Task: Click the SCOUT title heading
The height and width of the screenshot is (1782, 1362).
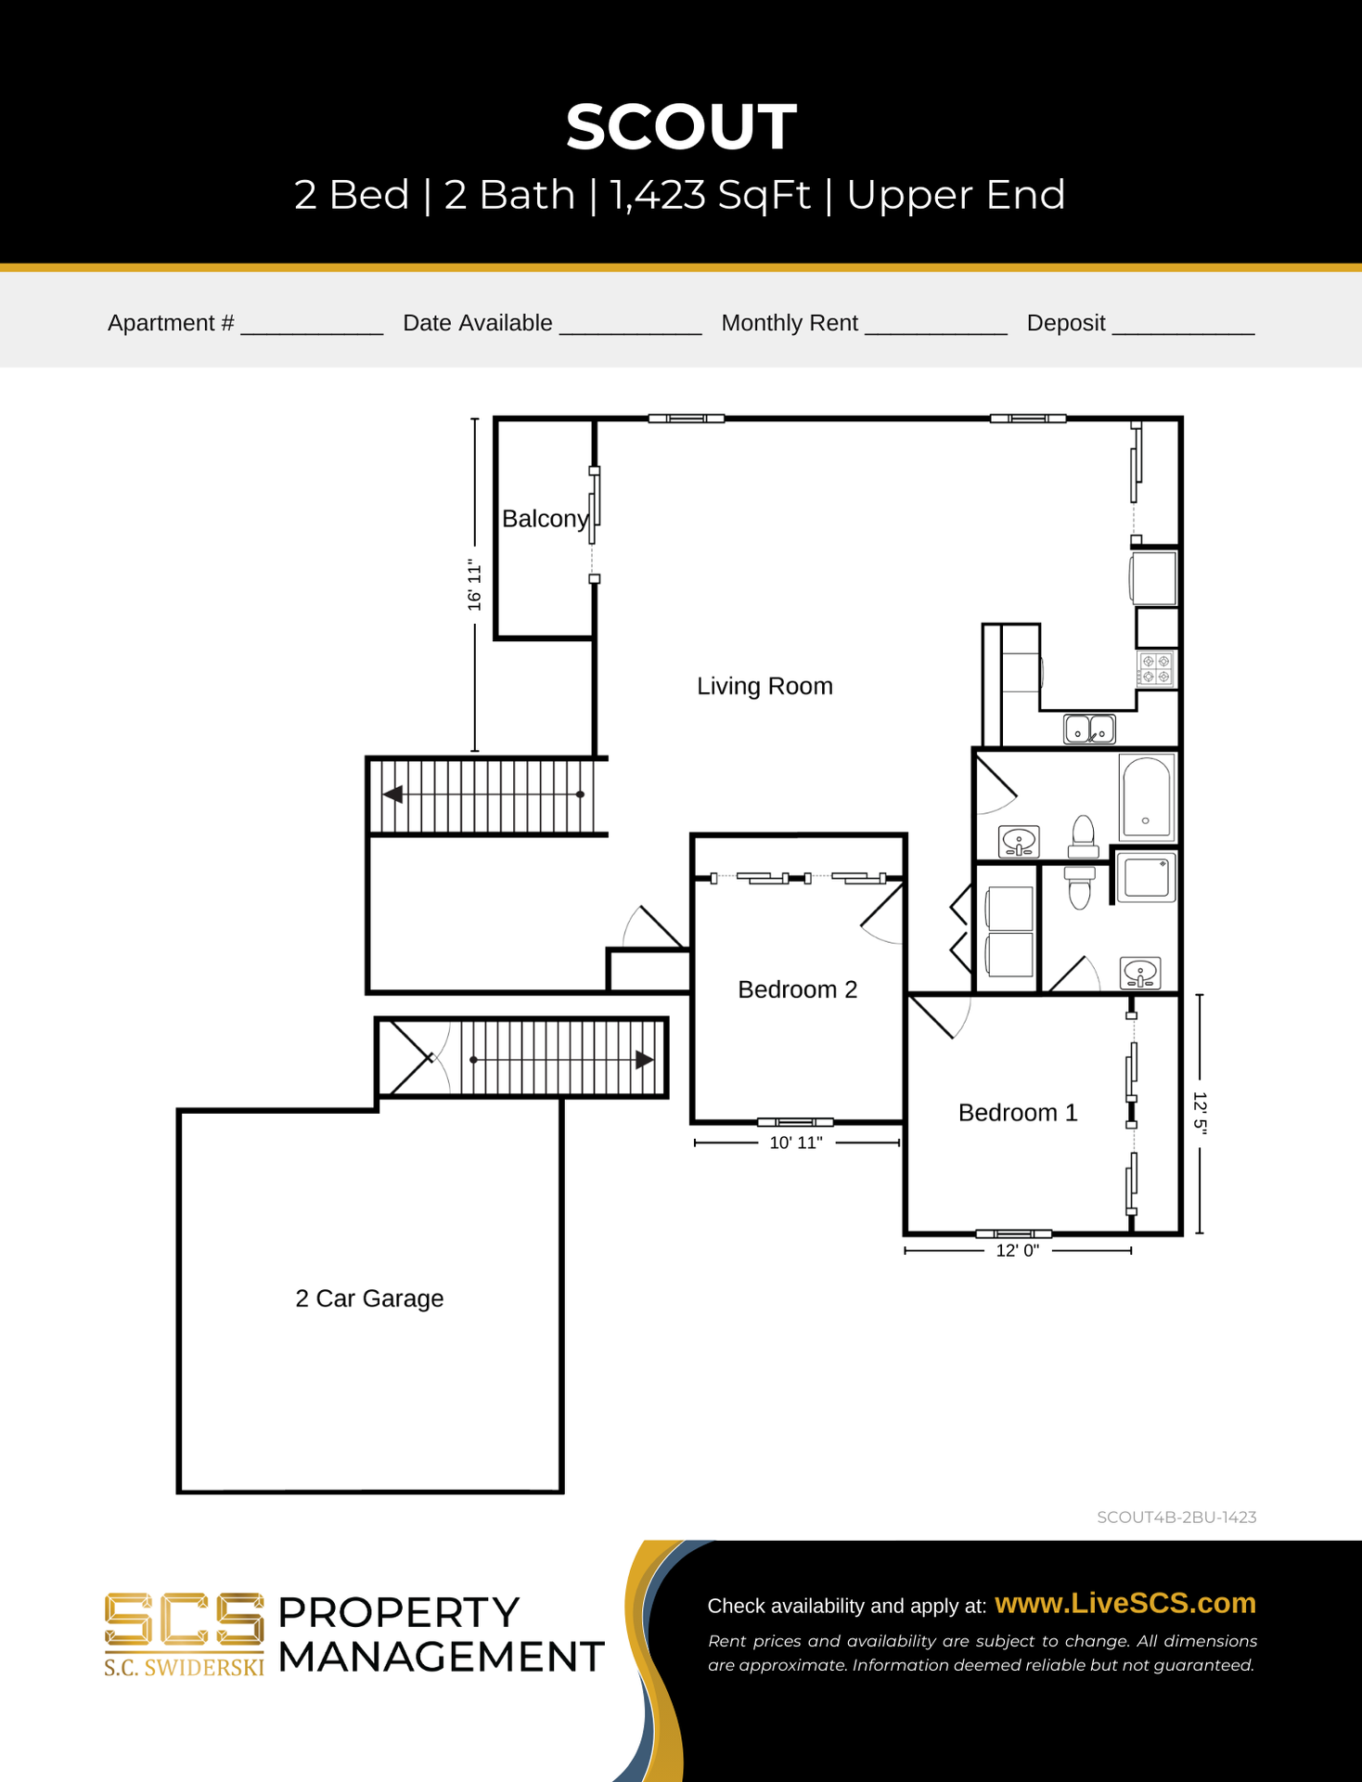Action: [x=681, y=126]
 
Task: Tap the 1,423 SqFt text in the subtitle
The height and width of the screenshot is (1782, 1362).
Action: [x=710, y=195]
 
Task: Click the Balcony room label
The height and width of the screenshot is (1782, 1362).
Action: [x=546, y=519]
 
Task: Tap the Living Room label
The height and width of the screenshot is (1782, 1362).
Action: [x=765, y=686]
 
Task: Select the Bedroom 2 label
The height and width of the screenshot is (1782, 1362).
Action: [x=797, y=989]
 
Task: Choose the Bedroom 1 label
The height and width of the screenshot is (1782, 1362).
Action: [x=1018, y=1113]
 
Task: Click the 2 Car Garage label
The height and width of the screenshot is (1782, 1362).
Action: [x=369, y=1298]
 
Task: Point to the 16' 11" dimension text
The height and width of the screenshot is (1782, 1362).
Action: [x=475, y=585]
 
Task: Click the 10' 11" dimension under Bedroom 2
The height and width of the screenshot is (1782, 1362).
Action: [x=796, y=1143]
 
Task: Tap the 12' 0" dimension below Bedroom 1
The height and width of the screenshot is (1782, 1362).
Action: [x=1018, y=1251]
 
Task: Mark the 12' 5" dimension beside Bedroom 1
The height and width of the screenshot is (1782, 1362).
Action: [x=1200, y=1113]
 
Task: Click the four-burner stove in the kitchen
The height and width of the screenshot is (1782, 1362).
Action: [x=1156, y=669]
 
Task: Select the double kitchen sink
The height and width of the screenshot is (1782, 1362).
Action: [x=1089, y=729]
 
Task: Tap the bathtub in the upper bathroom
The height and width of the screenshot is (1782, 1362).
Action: [x=1147, y=797]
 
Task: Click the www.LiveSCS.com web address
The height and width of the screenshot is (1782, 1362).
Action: [x=1125, y=1603]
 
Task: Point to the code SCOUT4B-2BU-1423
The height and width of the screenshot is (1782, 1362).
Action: [x=1176, y=1517]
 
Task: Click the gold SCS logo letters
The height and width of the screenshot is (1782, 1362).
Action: [x=184, y=1621]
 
